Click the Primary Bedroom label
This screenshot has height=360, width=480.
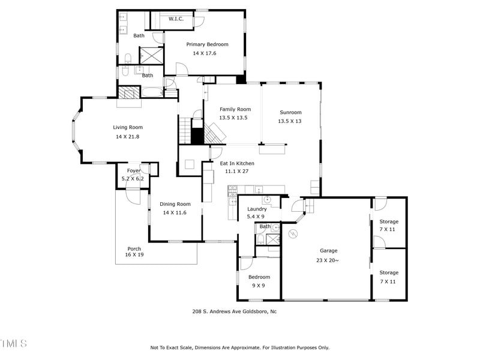coord(207,44)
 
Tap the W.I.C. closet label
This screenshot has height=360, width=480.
coord(176,19)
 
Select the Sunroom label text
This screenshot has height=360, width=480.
coord(290,112)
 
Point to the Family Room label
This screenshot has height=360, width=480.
coord(235,109)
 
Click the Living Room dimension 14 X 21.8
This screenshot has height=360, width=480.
coord(127,136)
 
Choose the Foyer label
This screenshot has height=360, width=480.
coord(133,171)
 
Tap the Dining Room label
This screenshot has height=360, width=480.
coord(175,204)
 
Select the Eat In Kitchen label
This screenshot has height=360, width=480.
coord(237,163)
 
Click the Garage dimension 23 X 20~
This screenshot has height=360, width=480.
coord(328,260)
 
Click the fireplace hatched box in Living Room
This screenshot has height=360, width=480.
coord(128,93)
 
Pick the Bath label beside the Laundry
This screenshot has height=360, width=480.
coord(265,227)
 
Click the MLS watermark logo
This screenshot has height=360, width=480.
coord(13,343)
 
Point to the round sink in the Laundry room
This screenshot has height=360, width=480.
coord(268,200)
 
